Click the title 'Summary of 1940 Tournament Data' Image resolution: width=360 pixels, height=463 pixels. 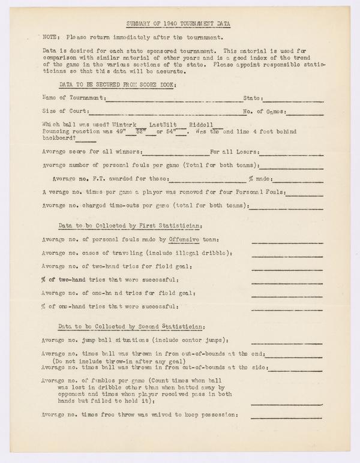pyautogui.click(x=179, y=24)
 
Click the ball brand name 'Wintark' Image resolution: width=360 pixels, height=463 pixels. pyautogui.click(x=115, y=124)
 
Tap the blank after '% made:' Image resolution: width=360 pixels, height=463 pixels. pyautogui.click(x=298, y=179)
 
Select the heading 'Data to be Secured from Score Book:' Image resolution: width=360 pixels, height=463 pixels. pyautogui.click(x=117, y=84)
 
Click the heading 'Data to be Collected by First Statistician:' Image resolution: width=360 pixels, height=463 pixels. pyautogui.click(x=130, y=226)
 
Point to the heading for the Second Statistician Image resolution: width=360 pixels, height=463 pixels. pyautogui.click(x=132, y=326)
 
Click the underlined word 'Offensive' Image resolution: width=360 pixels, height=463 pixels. pyautogui.click(x=184, y=239)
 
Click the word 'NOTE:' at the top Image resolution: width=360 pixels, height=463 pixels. pyautogui.click(x=51, y=37)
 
